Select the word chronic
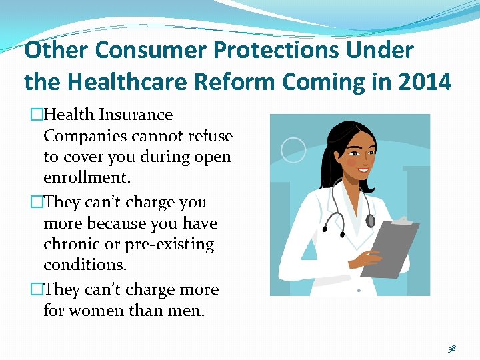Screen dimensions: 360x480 coord(69,244)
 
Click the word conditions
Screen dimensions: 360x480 coord(84,265)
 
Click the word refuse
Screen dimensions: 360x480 coord(207,136)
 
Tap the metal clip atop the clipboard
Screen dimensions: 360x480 coord(402,219)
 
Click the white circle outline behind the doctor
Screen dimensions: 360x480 coord(293,149)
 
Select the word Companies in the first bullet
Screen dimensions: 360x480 coord(87,136)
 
